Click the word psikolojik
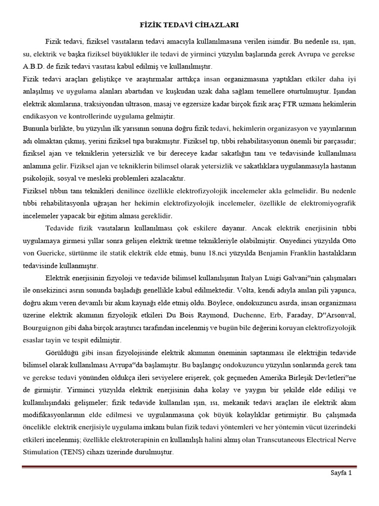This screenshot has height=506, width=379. click(x=39, y=178)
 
